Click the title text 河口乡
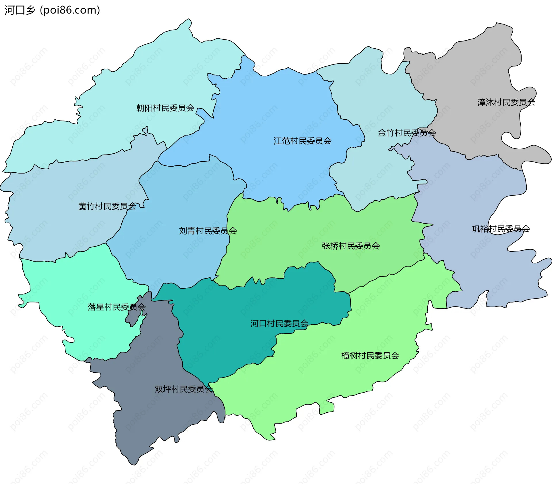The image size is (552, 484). coord(20,10)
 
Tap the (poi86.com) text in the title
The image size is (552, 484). coord(70,10)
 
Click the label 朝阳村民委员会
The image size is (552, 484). coord(165,108)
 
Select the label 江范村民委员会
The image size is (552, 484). coord(302,141)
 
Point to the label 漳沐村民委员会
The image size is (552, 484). coord(506,102)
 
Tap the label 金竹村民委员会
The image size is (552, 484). coord(407,133)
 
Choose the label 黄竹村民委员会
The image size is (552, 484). coord(107,206)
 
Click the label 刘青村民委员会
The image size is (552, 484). coord(208,231)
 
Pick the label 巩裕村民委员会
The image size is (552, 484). coord(501,229)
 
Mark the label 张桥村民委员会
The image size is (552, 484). coord(351,246)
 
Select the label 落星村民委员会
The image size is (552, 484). coord(116,307)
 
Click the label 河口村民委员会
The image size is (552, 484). coord(279,324)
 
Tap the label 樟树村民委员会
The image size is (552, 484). coord(370,356)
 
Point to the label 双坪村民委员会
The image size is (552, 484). coord(184,389)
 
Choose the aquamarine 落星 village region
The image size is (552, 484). coord(72,288)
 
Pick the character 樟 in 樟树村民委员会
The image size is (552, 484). coord(345,356)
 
